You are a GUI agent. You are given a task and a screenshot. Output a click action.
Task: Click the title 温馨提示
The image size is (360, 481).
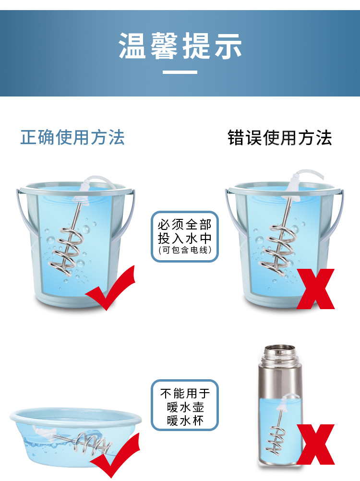tap(180, 47)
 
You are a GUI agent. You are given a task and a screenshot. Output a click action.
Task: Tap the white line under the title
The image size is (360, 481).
tap(180, 72)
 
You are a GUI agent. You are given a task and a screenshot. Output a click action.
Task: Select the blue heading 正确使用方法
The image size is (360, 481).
tap(72, 138)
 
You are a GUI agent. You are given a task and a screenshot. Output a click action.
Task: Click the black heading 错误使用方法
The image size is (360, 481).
tap(279, 138)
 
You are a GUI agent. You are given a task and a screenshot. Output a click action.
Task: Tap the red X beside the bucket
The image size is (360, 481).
tap(315, 288)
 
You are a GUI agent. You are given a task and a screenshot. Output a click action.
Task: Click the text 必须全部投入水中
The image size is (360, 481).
tap(184, 231)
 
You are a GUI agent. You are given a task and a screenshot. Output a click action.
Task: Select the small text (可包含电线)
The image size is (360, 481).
tap(184, 250)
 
